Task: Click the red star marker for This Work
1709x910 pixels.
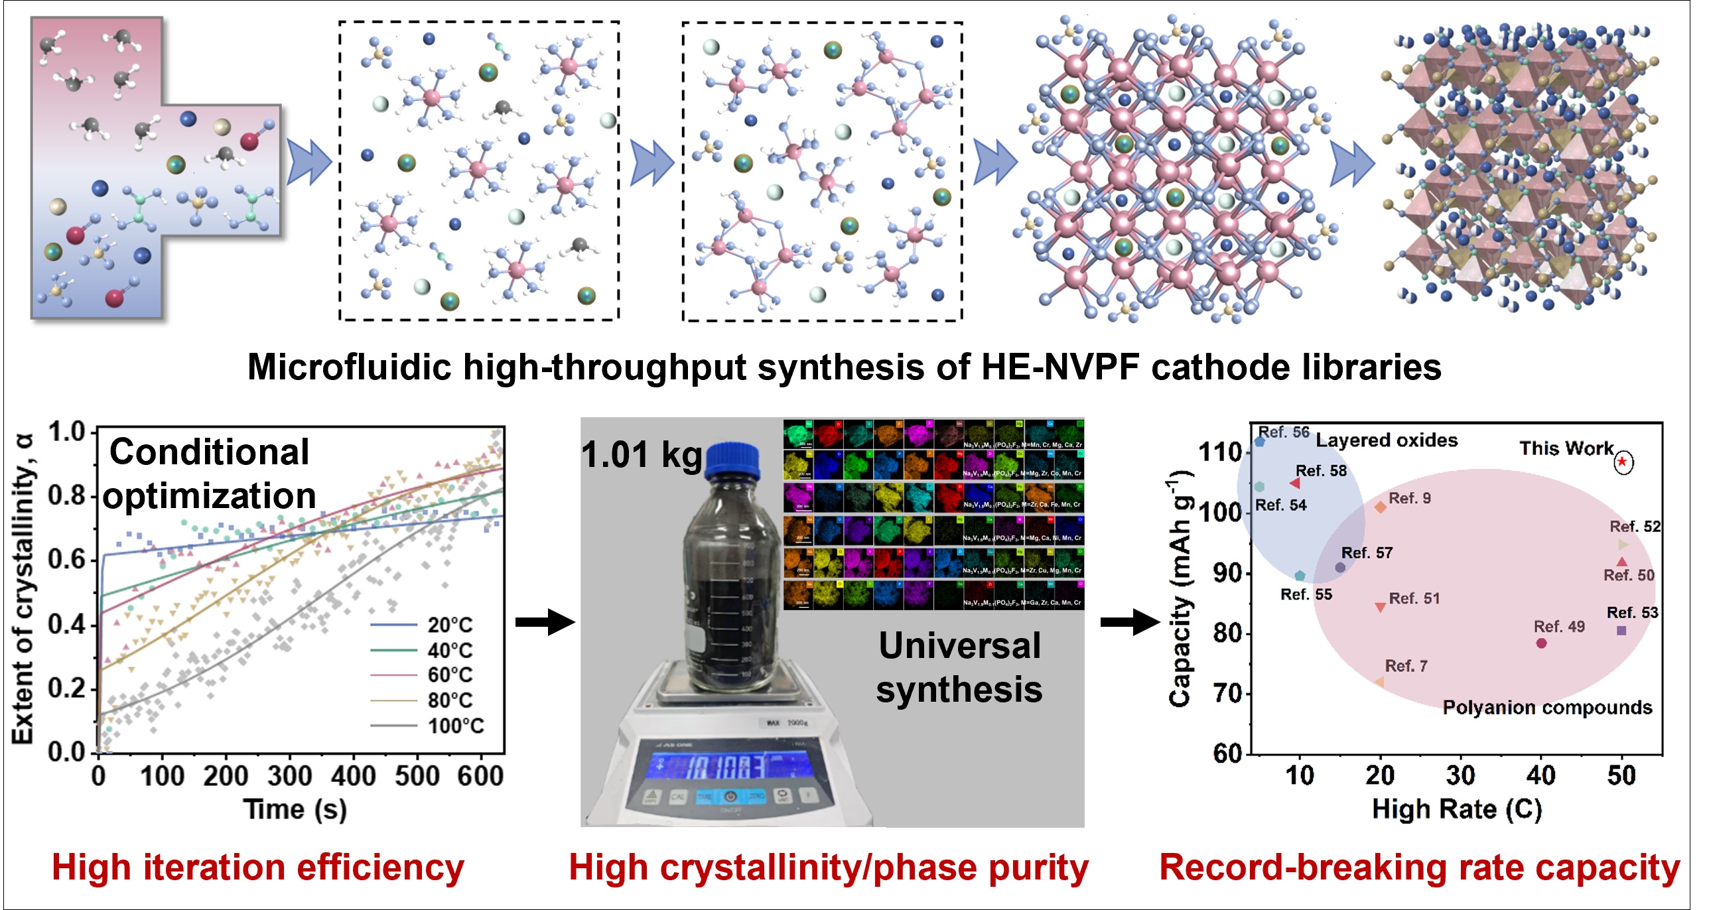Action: [x=1622, y=462]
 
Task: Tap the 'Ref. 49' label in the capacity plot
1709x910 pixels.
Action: [x=1558, y=626]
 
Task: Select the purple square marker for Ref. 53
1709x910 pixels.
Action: [x=1621, y=630]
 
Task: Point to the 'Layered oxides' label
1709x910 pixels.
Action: [x=1387, y=440]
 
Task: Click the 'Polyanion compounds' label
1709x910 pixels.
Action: [x=1547, y=707]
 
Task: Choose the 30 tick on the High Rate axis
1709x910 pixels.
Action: [x=1460, y=775]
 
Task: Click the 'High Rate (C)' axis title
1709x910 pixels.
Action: [x=1457, y=809]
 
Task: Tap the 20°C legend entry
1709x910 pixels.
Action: [x=450, y=625]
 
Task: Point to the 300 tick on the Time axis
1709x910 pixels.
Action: [x=289, y=775]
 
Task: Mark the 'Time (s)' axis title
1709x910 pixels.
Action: [x=295, y=809]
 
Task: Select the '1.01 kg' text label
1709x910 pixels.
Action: [x=641, y=455]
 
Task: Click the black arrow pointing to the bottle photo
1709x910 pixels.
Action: [x=545, y=622]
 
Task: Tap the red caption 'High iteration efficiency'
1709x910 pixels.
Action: [x=258, y=868]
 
